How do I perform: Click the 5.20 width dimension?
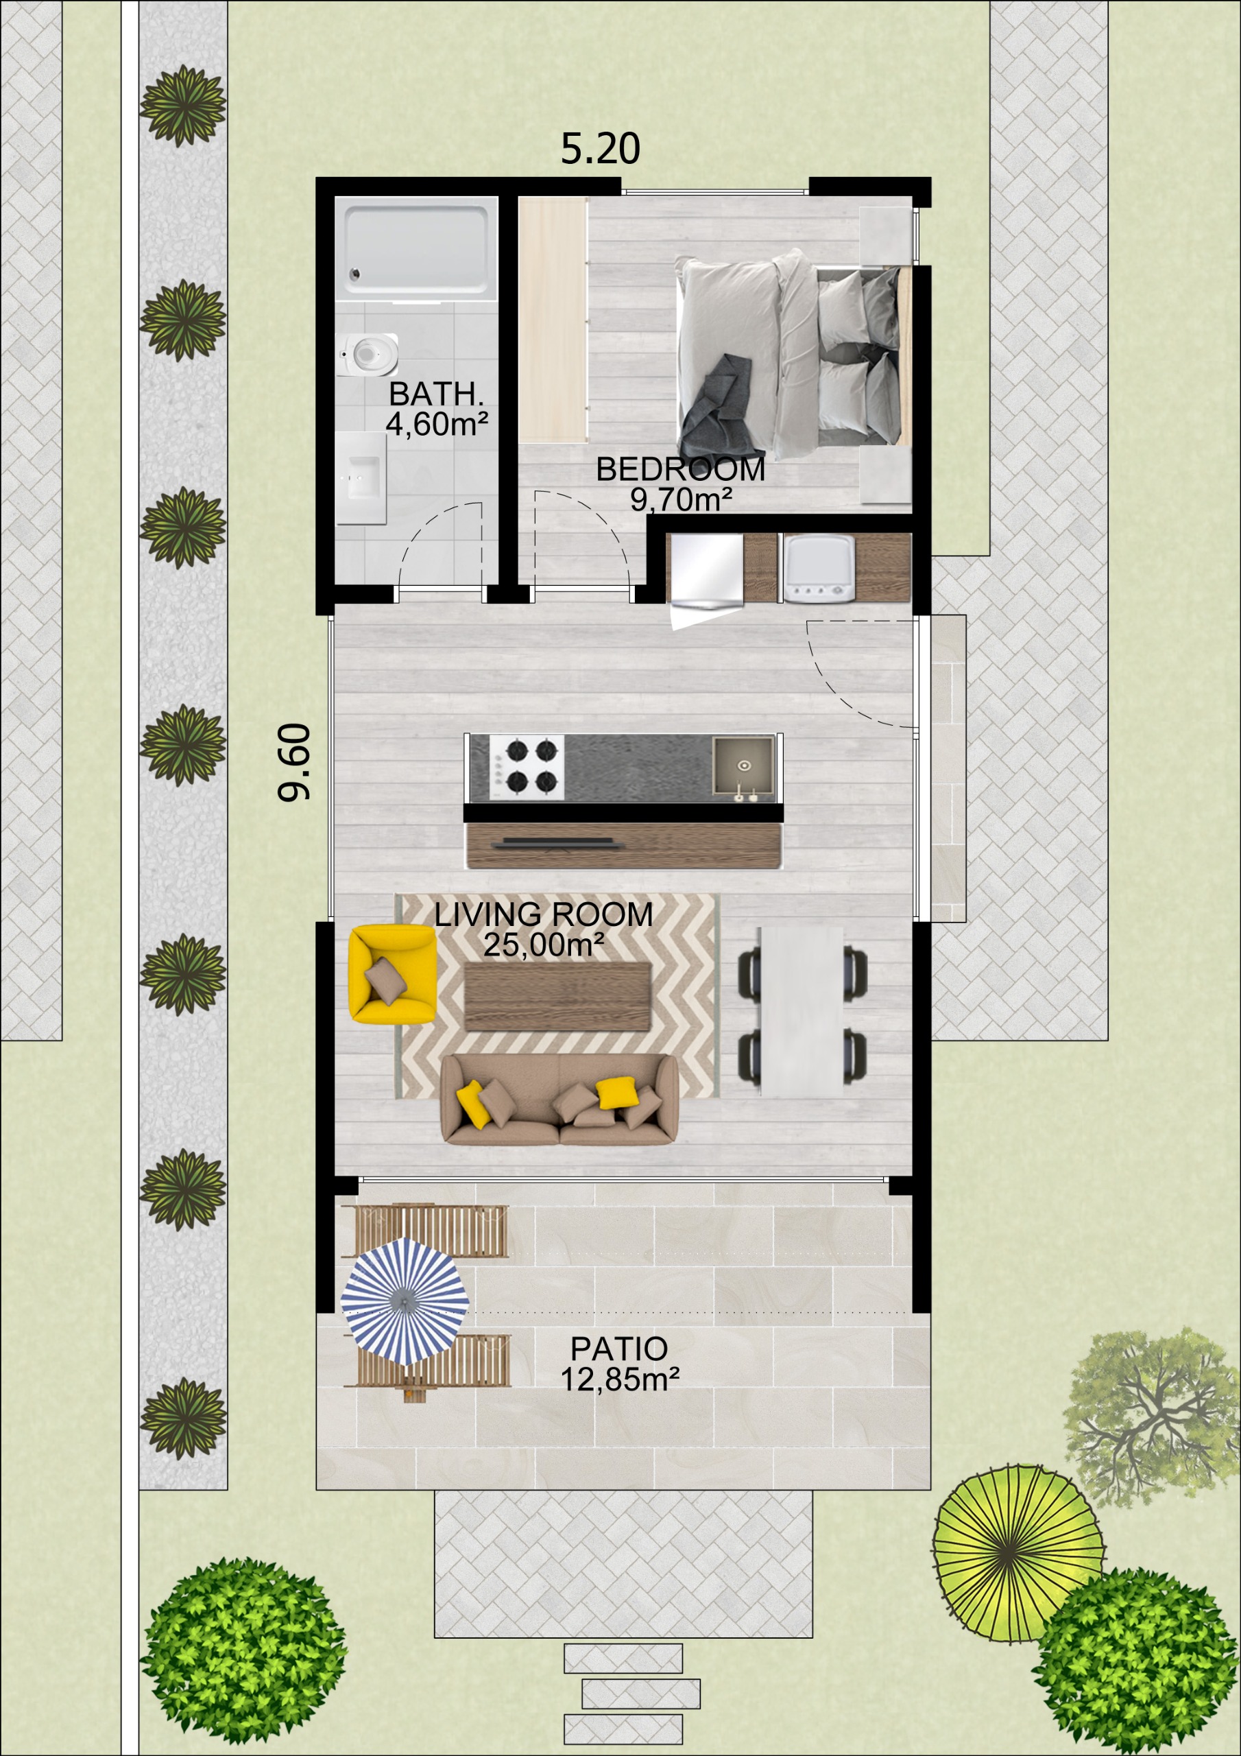click(600, 148)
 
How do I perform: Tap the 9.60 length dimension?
click(294, 763)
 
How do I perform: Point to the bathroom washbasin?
click(361, 478)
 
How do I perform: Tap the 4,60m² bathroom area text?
click(437, 424)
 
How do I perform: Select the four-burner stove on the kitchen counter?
click(527, 767)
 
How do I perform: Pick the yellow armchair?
click(391, 973)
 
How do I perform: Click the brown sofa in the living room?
click(559, 1099)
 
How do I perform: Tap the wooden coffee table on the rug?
click(557, 997)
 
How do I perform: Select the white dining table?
click(802, 1012)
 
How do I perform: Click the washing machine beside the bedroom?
click(817, 567)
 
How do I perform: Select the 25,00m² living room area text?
click(544, 945)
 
